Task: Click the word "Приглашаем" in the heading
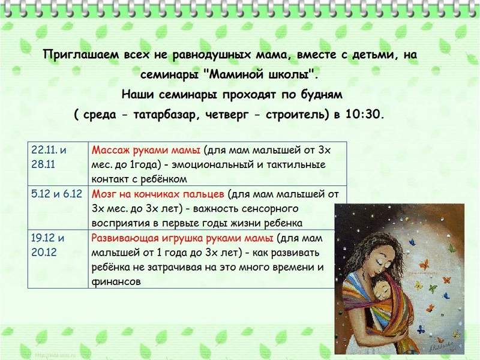pos(82,55)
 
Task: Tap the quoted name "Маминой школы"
pos(259,74)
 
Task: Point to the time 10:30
pos(364,115)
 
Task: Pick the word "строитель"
pos(295,115)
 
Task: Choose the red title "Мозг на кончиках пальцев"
pos(158,194)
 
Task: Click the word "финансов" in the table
pos(116,281)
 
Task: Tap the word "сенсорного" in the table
pos(270,209)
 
